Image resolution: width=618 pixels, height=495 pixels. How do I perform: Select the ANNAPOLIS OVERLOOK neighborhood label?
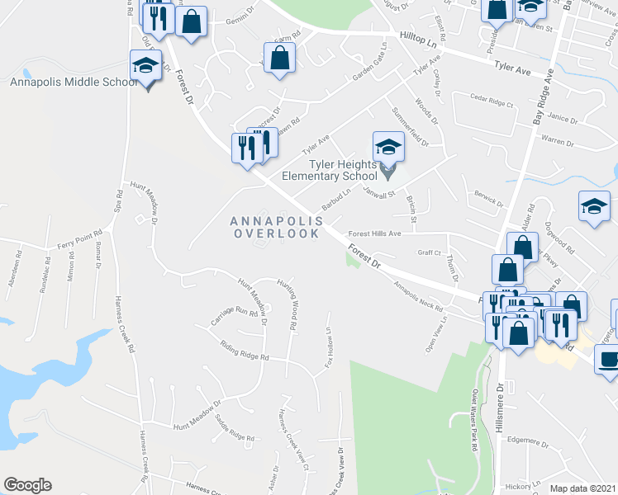pyautogui.click(x=275, y=227)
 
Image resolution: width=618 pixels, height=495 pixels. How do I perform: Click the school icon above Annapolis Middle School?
pyautogui.click(x=145, y=64)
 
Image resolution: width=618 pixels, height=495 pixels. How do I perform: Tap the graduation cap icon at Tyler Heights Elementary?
pyautogui.click(x=388, y=148)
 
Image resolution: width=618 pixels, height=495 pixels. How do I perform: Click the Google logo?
pyautogui.click(x=27, y=485)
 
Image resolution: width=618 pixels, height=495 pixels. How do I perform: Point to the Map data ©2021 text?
pyautogui.click(x=583, y=488)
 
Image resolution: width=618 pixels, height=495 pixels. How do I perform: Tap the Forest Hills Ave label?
pyautogui.click(x=373, y=233)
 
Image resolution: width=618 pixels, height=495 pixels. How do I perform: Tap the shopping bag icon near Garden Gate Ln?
pyautogui.click(x=280, y=57)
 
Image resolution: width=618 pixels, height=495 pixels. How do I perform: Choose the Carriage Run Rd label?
pyautogui.click(x=235, y=312)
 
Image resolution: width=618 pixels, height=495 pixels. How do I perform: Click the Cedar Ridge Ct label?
pyautogui.click(x=492, y=106)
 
